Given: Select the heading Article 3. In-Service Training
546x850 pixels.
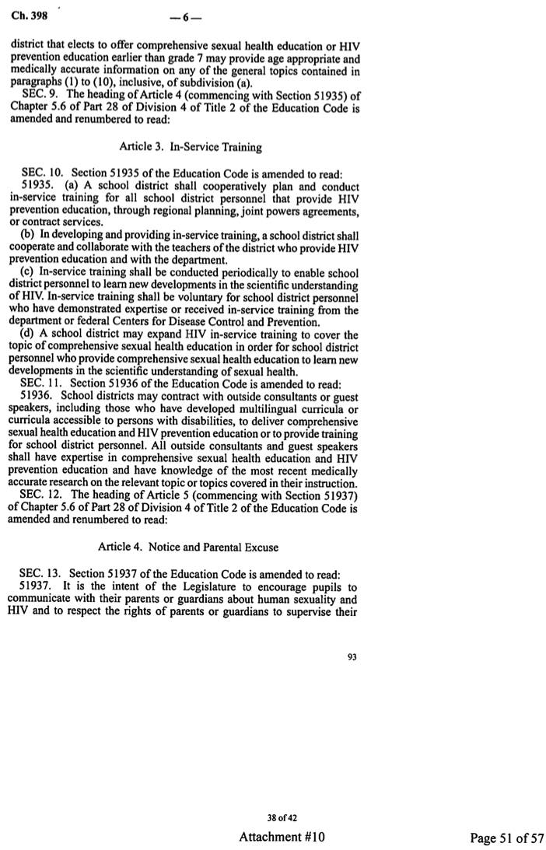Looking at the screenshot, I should tap(191, 145).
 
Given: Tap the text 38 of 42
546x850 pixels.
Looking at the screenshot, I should tap(282, 817).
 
